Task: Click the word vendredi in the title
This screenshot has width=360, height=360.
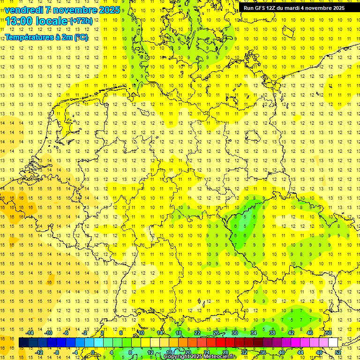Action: point(24,10)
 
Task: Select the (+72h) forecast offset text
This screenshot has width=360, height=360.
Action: point(81,21)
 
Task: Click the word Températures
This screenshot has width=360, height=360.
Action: point(29,37)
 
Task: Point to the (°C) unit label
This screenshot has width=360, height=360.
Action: point(80,37)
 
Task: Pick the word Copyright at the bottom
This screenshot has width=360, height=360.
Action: point(177,357)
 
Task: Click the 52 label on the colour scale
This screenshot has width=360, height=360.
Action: point(338,352)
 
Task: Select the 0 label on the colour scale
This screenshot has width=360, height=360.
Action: point(93,352)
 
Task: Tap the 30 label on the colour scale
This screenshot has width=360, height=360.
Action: point(235,333)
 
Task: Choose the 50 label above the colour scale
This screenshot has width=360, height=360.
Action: point(329,333)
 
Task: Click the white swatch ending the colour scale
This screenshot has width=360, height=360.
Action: point(333,343)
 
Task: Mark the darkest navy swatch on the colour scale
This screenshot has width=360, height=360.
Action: point(23,343)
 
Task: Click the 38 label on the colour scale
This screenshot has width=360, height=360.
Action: point(272,333)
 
